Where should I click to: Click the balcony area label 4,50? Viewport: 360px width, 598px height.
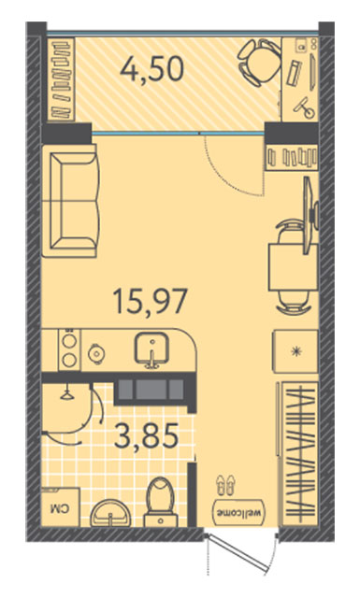(151, 70)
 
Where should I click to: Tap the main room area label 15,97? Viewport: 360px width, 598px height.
(151, 301)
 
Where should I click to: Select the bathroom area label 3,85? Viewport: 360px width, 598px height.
(146, 435)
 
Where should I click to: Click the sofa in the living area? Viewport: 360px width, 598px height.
(71, 201)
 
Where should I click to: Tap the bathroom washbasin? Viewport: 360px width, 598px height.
(110, 514)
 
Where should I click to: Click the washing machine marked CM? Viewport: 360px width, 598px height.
(61, 507)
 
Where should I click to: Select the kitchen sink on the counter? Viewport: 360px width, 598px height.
(151, 349)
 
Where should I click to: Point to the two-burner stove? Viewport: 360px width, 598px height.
(69, 349)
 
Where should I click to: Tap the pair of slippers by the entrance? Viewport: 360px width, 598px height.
(226, 485)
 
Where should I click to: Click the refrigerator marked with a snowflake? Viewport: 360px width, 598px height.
(295, 351)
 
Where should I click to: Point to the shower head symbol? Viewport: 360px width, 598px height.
(67, 393)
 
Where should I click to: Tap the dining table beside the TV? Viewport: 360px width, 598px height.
(294, 267)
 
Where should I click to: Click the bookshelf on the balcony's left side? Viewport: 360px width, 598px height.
(61, 79)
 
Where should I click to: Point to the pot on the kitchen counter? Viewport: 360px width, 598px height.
(95, 353)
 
